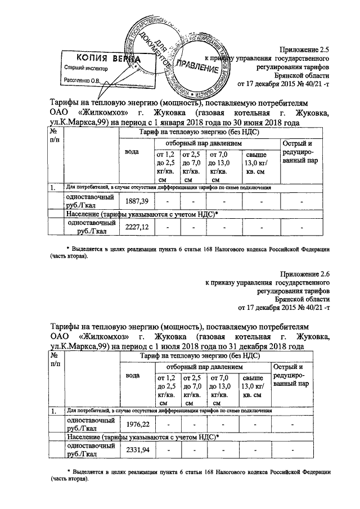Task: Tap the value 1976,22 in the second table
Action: pos(136,424)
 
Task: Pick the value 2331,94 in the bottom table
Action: pos(136,450)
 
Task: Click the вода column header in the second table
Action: pos(133,375)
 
